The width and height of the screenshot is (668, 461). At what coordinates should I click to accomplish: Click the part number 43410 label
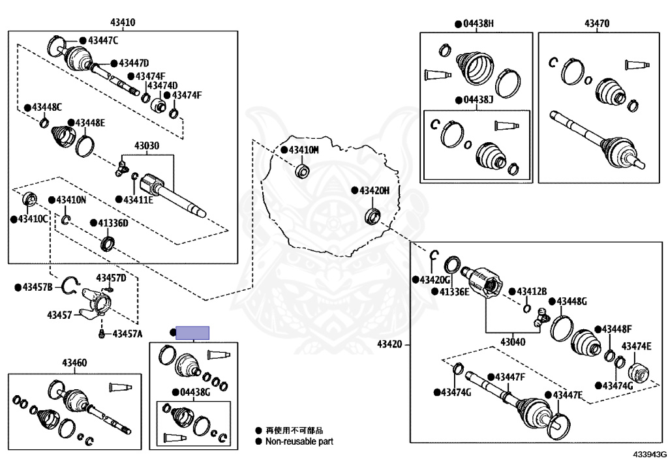point(123,23)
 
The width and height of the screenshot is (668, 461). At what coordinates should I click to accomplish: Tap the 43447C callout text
point(103,41)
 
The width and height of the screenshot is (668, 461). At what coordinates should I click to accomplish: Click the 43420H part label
point(374,190)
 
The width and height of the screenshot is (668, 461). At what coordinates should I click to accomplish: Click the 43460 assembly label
point(74,363)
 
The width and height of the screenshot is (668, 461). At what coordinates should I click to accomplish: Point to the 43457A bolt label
point(127,334)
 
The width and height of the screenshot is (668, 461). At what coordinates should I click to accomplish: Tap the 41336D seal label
point(113,223)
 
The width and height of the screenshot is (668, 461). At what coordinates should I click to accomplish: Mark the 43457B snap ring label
point(37,286)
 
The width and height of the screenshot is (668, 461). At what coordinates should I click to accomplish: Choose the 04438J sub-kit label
point(478,101)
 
